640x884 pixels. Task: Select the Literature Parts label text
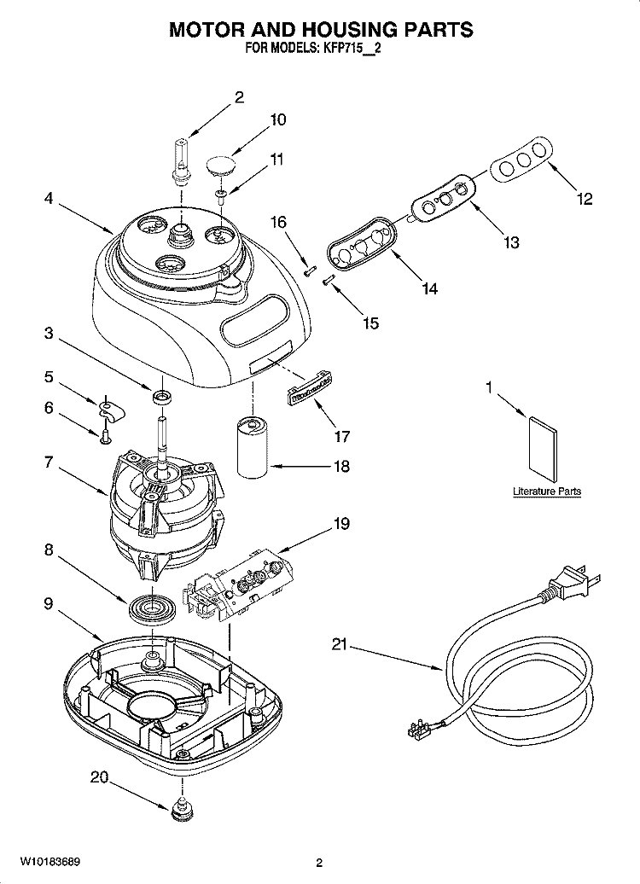[x=547, y=491]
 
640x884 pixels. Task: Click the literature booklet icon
[x=543, y=448]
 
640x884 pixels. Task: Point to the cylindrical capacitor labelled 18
[x=253, y=449]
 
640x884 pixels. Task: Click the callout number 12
[x=585, y=200]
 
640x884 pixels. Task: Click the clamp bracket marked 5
[x=111, y=411]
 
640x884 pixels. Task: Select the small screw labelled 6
[x=104, y=439]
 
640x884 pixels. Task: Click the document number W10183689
[x=47, y=862]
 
